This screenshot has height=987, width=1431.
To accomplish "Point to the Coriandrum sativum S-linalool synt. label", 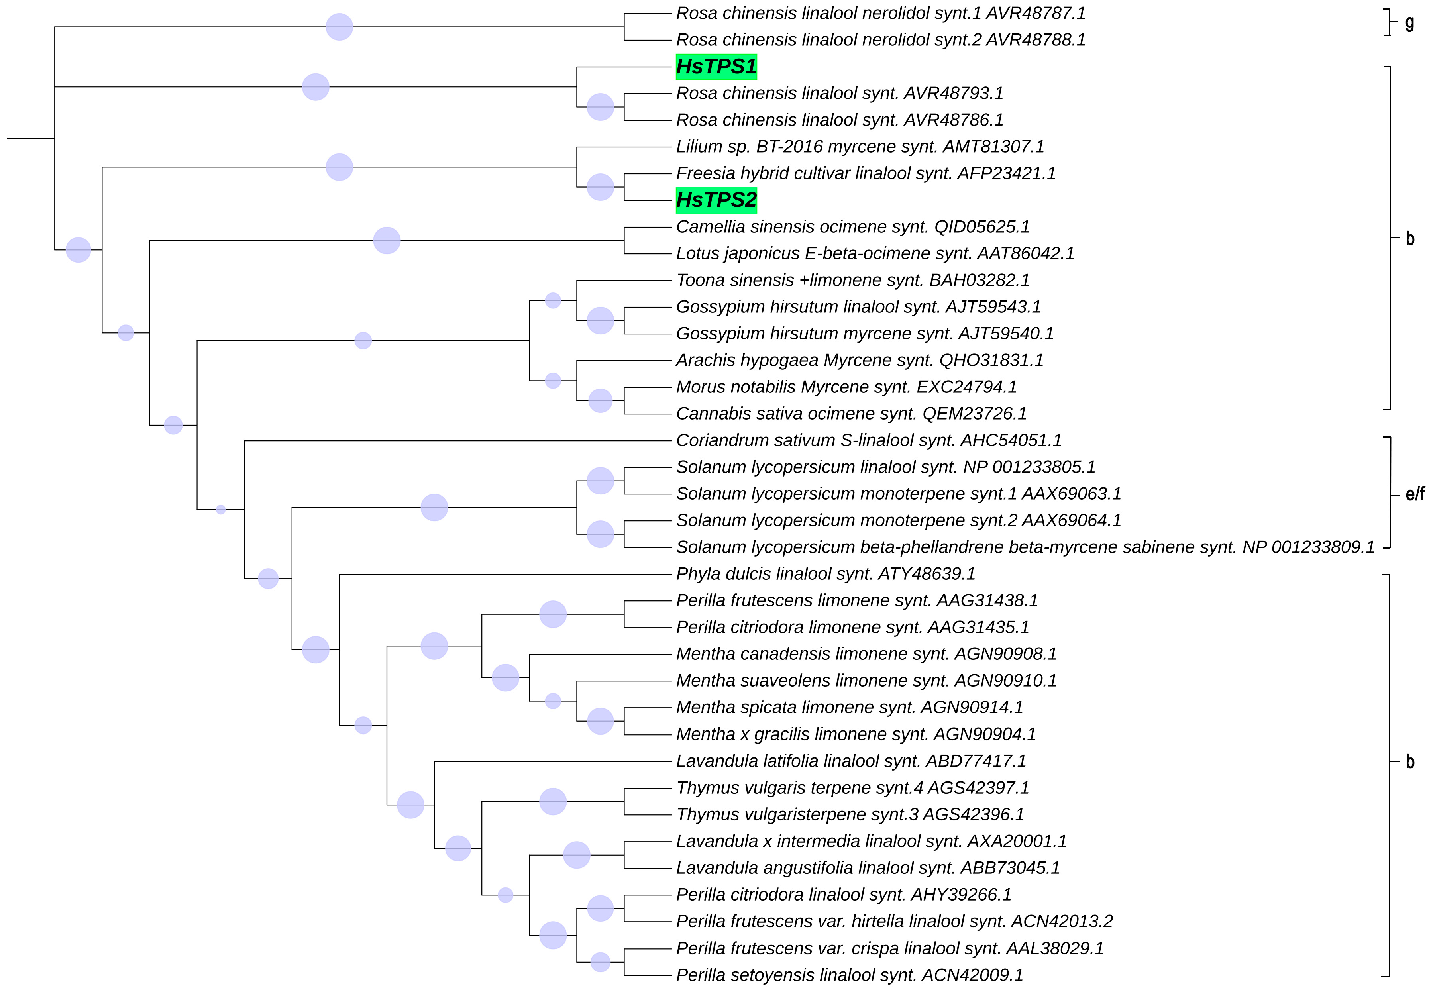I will pos(868,440).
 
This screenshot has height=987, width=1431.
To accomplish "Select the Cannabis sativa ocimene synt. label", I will pos(851,414).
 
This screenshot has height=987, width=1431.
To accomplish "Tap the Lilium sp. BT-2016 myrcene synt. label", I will pos(860,147).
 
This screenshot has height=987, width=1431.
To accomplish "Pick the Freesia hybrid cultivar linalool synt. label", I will pos(866,173).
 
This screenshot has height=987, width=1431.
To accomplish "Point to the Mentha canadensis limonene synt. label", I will pos(866,653).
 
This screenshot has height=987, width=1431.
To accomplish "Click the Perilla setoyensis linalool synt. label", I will pos(849,975).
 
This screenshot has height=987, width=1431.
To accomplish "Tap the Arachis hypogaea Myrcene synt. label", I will pos(860,360).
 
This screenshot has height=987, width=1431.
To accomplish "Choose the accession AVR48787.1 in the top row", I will pos(1036,13).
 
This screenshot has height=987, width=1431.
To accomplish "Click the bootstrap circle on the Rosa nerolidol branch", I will pos(339,27).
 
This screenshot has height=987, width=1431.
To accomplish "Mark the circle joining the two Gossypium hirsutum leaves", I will pos(600,320).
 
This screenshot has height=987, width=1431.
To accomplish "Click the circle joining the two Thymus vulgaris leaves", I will pos(553,801).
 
